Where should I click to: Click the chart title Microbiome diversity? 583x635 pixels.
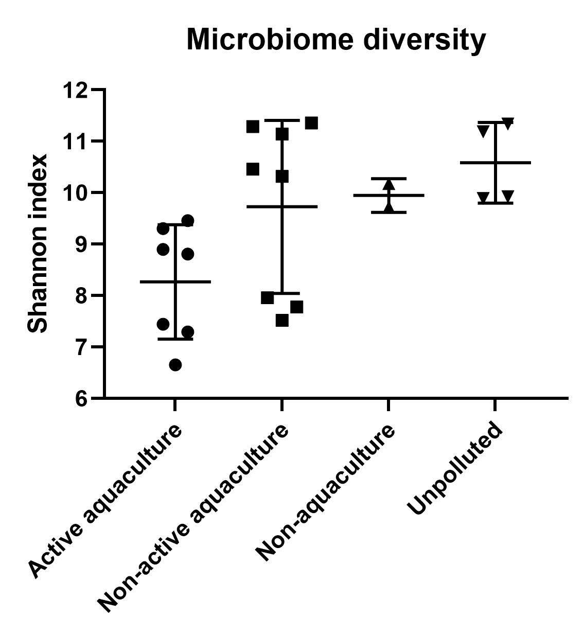(x=335, y=40)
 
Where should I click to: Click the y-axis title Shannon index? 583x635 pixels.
(x=38, y=243)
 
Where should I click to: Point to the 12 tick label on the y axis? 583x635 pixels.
(x=75, y=91)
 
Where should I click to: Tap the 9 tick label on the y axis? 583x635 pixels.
(x=82, y=244)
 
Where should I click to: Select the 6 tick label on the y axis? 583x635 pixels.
(x=82, y=399)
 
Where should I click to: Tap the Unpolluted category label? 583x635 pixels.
(x=454, y=468)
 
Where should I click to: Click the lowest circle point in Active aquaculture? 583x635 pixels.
(x=175, y=365)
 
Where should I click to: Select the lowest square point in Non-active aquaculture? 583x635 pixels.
(x=282, y=321)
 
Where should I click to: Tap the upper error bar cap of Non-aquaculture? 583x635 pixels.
(x=388, y=179)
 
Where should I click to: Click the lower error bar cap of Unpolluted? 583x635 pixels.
(x=496, y=203)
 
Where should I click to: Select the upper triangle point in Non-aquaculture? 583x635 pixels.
(x=388, y=185)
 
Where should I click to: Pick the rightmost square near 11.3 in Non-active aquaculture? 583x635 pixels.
(x=311, y=123)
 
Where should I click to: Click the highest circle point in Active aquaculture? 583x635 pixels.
(x=188, y=221)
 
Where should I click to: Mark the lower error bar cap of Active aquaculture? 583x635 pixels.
(x=175, y=339)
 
